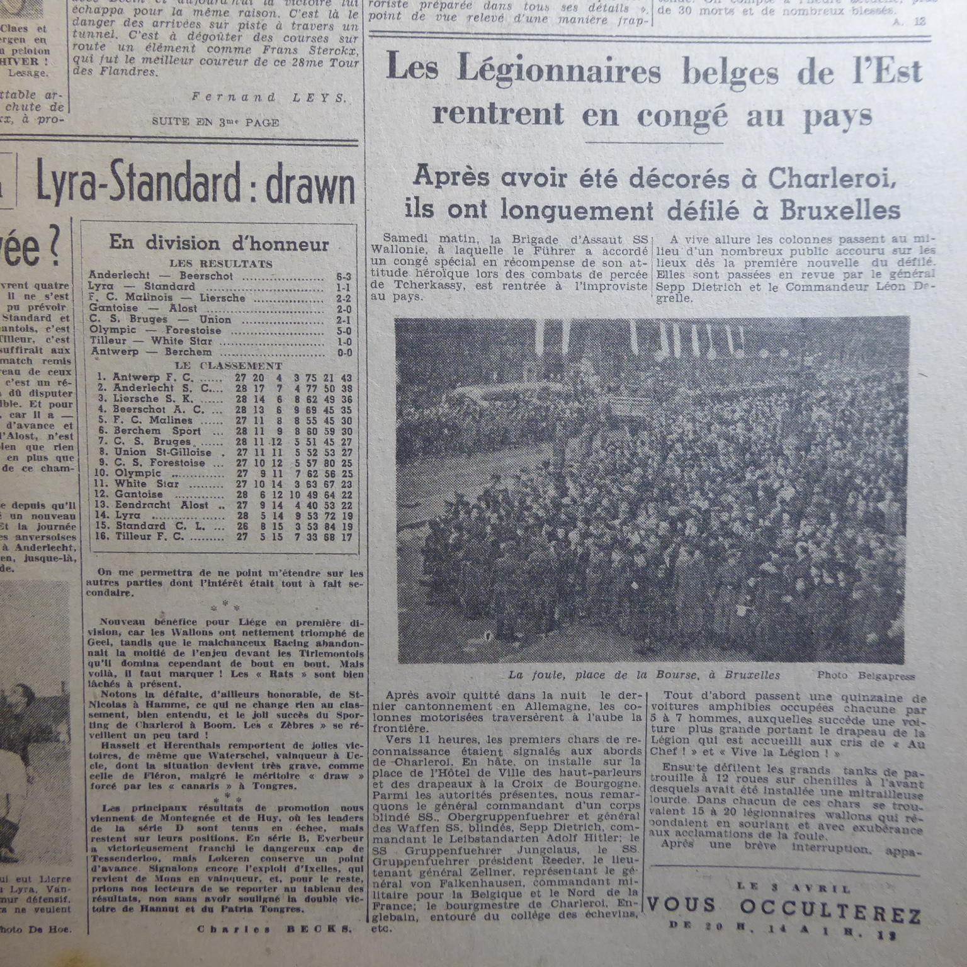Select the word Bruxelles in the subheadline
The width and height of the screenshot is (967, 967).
pyautogui.click(x=840, y=211)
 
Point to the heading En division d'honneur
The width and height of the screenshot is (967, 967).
pyautogui.click(x=219, y=244)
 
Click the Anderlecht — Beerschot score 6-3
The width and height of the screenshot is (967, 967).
pyautogui.click(x=344, y=276)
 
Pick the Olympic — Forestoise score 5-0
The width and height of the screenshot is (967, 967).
pyautogui.click(x=344, y=331)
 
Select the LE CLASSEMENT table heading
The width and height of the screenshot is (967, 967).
pyautogui.click(x=229, y=366)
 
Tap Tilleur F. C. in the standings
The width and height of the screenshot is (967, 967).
pyautogui.click(x=149, y=537)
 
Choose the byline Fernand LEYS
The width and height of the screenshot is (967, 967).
pyautogui.click(x=269, y=98)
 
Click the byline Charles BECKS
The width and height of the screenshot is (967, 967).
pyautogui.click(x=274, y=929)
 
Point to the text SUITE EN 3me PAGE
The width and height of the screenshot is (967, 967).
pyautogui.click(x=215, y=122)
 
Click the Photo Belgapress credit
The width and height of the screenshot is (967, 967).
pyautogui.click(x=866, y=676)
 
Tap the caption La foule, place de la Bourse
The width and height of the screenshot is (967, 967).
pyautogui.click(x=643, y=675)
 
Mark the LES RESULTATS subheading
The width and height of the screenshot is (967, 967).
pyautogui.click(x=220, y=264)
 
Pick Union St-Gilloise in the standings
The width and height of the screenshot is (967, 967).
pyautogui.click(x=162, y=452)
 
